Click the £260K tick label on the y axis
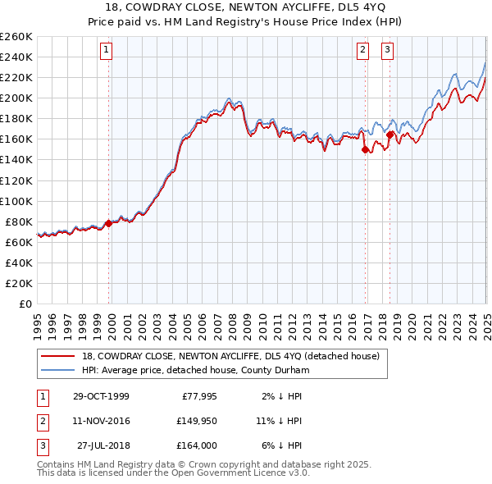pos(16,37)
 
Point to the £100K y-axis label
pos(16,201)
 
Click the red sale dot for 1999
pos(108,222)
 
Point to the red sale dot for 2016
pos(364,149)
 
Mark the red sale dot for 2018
pos(389,135)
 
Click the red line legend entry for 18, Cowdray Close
pos(230,356)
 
